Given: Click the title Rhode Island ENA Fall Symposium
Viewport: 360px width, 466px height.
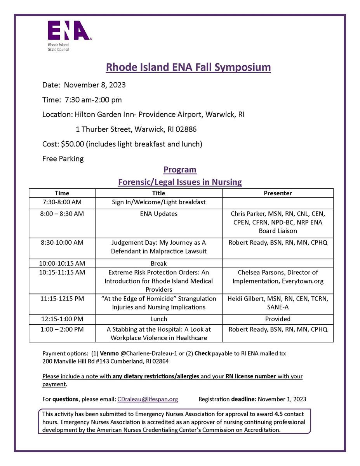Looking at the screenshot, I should tap(188, 67).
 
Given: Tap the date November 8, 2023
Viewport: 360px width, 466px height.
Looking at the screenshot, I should tap(95, 85).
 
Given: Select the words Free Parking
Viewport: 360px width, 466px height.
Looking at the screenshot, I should tap(63, 158).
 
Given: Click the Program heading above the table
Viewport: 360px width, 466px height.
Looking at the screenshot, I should tap(180, 170).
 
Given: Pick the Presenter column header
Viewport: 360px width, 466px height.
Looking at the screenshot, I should tap(278, 193).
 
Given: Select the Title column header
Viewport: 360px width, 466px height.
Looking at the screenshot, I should tap(158, 193).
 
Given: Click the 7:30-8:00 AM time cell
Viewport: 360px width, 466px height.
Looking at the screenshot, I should tap(62, 202).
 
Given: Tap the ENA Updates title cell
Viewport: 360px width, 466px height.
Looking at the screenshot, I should tap(158, 214).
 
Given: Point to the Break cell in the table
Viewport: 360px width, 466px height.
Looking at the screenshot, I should tap(158, 263).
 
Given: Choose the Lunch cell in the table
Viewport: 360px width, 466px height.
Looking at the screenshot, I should tap(158, 319).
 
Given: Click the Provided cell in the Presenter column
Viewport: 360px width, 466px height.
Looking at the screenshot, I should tap(278, 319).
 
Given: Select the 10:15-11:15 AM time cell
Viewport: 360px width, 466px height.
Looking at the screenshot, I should tap(62, 272).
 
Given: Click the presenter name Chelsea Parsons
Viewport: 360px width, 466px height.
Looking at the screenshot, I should tap(259, 272).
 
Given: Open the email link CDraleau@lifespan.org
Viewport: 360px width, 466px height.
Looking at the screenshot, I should tap(148, 399).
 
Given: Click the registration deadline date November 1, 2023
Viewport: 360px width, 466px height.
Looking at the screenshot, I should tap(282, 399).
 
